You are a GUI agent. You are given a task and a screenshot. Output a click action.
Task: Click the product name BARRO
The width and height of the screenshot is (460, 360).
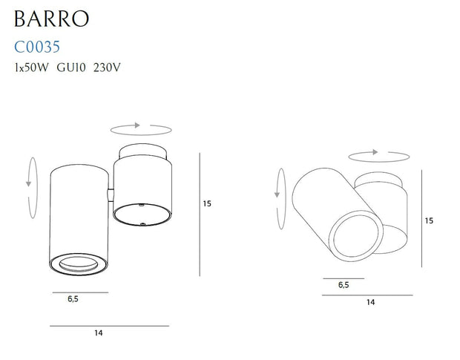coord(51,17)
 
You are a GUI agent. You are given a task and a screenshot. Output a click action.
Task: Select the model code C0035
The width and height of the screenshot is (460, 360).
coord(42,48)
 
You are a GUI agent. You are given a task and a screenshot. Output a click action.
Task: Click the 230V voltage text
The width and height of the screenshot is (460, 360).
coord(107,68)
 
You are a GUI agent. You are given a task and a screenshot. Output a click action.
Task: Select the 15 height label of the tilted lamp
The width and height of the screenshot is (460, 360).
coord(429,220)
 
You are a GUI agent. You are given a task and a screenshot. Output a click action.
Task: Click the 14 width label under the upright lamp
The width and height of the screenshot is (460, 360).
coord(99,333)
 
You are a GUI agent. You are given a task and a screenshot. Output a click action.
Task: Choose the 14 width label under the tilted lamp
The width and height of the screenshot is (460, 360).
coord(370,303)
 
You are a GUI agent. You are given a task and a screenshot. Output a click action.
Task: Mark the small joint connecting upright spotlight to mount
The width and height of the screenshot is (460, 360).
coord(111,194)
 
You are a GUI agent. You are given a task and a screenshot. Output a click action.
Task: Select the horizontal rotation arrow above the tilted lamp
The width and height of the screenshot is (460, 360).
coord(378,154)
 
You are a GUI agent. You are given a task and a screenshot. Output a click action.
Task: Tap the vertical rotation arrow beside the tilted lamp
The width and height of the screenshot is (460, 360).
coord(280,183)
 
